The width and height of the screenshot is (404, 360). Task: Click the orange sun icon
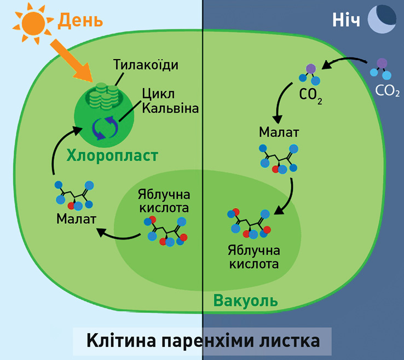pos(33,23)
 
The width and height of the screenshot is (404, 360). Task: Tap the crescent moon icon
pos(382,19)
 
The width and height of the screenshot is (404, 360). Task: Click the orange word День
pos(80,20)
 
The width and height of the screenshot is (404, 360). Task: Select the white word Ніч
pos(346,20)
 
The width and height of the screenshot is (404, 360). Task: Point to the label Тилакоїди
pos(146,65)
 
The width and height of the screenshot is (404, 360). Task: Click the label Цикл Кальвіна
pos(170,101)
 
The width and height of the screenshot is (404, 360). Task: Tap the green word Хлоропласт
pos(112,155)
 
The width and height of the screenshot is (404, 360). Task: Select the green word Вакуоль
pos(246,301)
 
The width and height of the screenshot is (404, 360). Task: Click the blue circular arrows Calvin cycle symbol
pos(105,127)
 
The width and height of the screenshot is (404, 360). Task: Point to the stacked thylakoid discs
pos(103,96)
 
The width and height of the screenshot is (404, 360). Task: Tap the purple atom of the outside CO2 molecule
pos(382,63)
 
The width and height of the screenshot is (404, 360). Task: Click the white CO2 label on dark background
pos(387,91)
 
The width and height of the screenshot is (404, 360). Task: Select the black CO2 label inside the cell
pos(310,96)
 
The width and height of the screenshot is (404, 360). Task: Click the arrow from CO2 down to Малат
pos(280,102)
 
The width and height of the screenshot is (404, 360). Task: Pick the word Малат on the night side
pos(279,132)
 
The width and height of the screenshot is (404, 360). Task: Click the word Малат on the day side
pos(76,219)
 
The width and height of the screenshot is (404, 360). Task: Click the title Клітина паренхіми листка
pos(203,340)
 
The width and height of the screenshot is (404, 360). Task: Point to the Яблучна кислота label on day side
pos(164,201)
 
